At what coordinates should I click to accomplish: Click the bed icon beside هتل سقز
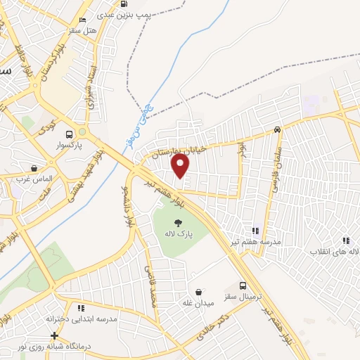(x=83, y=20)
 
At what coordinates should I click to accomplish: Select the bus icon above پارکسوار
(x=69, y=134)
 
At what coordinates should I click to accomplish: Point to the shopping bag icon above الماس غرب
(x=34, y=168)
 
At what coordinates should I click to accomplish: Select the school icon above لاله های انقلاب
(x=345, y=240)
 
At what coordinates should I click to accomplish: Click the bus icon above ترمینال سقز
(x=243, y=285)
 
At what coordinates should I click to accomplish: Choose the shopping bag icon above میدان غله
(x=198, y=292)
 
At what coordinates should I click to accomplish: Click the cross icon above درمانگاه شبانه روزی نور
(x=55, y=335)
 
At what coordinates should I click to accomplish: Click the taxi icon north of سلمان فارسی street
(x=278, y=129)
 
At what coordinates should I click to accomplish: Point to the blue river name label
(x=143, y=124)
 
